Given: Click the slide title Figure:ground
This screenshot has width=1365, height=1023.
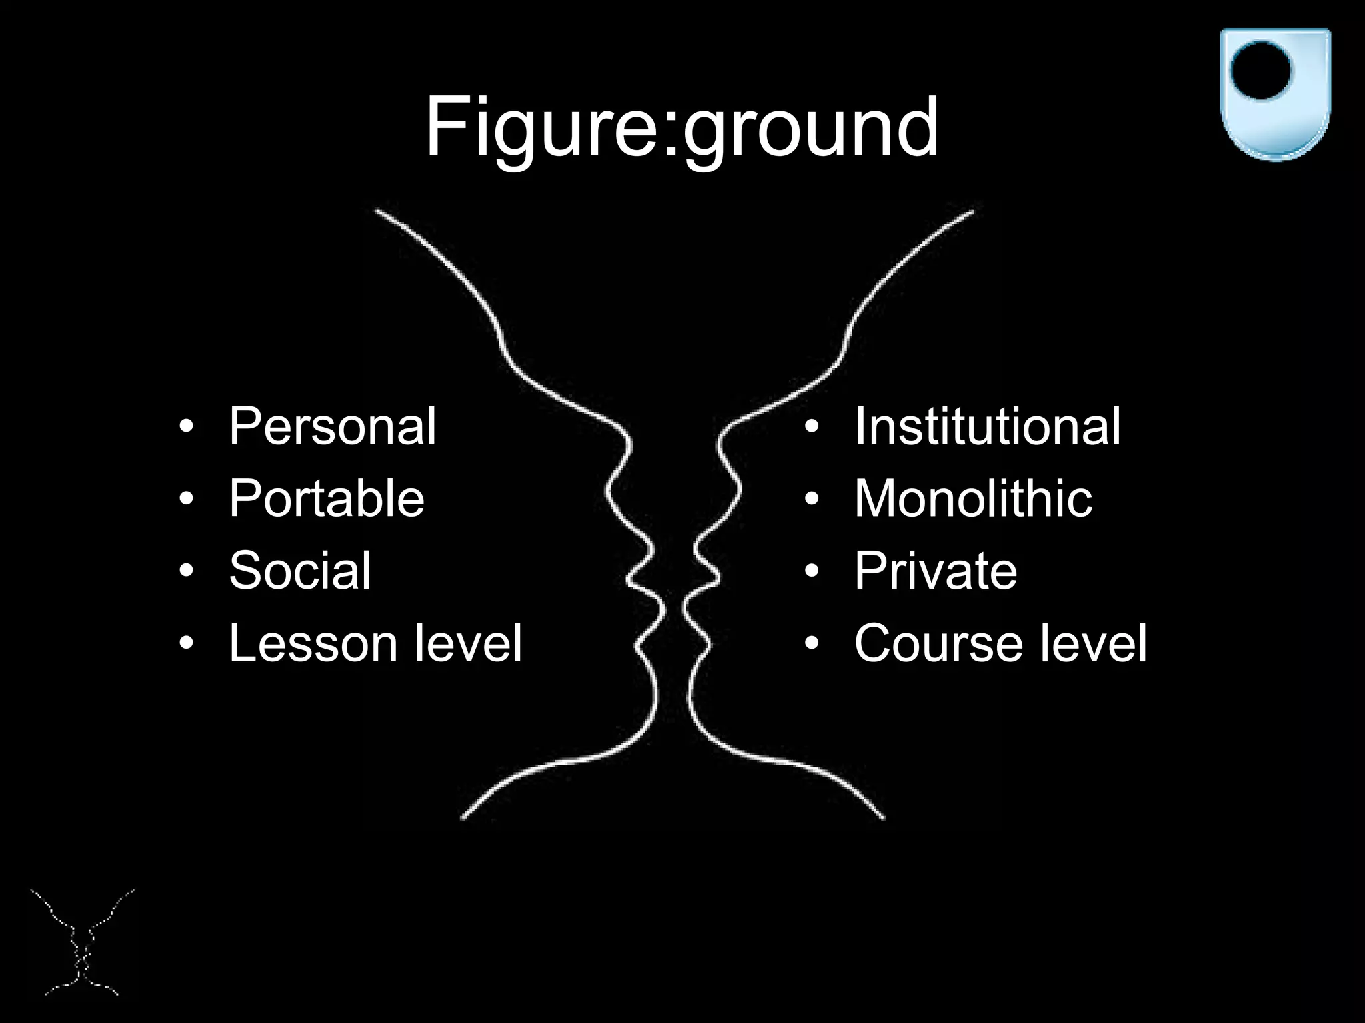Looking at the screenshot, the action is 681,127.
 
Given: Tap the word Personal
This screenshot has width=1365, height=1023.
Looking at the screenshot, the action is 332,426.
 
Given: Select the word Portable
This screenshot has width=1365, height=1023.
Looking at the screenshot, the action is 326,498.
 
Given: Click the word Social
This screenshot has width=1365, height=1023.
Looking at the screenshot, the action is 299,571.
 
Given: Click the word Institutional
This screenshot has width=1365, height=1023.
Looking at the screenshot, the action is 987,426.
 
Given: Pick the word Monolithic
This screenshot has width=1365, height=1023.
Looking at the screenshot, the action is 973,498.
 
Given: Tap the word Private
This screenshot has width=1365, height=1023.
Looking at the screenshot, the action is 936,571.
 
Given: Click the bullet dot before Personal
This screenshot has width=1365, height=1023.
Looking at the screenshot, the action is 187,426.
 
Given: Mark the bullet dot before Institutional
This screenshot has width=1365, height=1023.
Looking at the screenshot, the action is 811,426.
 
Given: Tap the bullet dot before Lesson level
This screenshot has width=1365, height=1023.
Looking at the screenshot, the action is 187,643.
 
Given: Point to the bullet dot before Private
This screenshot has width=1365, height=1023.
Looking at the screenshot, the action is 811,571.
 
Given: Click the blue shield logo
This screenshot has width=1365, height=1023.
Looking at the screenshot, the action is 1274,93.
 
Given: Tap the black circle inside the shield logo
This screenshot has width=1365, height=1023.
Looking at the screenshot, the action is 1260,70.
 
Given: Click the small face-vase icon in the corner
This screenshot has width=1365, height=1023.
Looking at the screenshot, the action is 81,942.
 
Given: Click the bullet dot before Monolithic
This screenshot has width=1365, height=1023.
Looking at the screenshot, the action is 811,498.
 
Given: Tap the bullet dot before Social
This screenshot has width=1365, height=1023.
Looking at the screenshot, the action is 187,571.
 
